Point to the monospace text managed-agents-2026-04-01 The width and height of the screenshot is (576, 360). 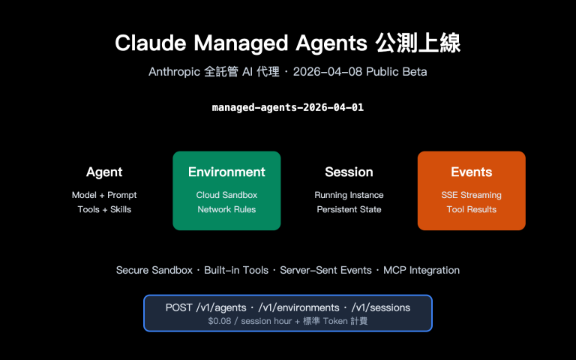[288, 107]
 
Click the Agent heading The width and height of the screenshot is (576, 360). [104, 172]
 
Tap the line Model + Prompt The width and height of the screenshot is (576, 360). [104, 195]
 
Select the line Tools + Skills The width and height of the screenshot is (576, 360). [104, 209]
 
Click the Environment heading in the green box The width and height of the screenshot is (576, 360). [226, 172]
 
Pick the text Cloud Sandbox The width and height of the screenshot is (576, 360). [226, 195]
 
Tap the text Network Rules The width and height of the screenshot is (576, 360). [226, 209]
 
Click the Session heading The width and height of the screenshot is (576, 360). [349, 172]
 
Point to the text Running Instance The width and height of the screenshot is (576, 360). [349, 195]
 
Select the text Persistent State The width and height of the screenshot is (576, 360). [349, 209]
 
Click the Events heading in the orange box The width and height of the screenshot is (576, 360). [471, 172]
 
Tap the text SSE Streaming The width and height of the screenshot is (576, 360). [471, 195]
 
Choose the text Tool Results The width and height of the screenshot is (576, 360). [471, 209]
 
